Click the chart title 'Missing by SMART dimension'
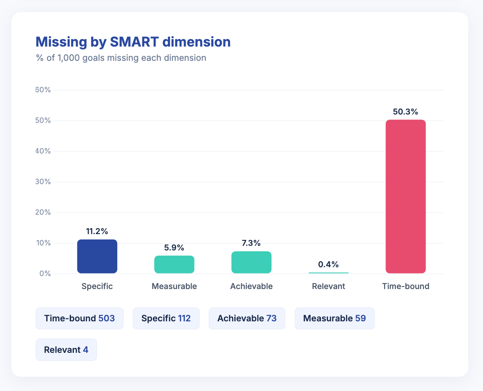tap(133, 42)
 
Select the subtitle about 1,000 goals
tap(121, 58)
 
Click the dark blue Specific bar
tap(97, 256)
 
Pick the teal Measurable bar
tap(174, 264)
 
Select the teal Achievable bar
tap(251, 262)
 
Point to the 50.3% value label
tap(405, 112)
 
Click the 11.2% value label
tap(97, 231)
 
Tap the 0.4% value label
tap(328, 264)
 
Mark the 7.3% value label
tap(251, 243)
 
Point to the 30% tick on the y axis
tap(43, 182)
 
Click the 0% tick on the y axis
tap(45, 274)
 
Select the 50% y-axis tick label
tap(43, 120)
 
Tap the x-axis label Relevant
tap(328, 287)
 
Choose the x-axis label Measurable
tap(174, 287)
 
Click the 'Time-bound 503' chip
tap(79, 318)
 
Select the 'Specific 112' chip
tap(166, 318)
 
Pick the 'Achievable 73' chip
tap(247, 318)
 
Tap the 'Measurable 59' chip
tap(334, 318)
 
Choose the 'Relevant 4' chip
tap(66, 349)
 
